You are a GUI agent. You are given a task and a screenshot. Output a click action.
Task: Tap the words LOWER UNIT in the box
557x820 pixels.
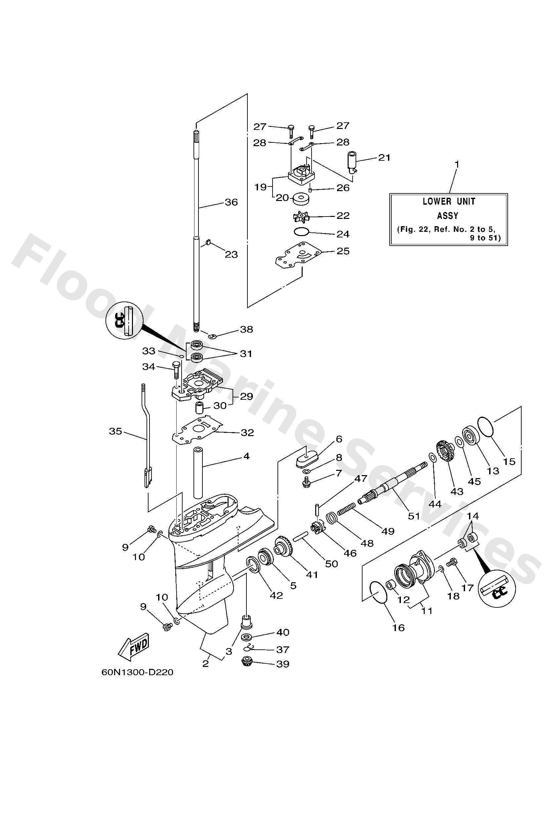(449, 201)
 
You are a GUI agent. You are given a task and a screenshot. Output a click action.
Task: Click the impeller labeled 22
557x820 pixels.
(301, 217)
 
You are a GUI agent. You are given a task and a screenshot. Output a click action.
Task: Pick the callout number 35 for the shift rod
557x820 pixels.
(115, 431)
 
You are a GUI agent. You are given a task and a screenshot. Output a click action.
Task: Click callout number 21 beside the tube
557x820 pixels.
(384, 157)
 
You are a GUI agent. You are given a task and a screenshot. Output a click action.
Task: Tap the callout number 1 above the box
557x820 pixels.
(457, 164)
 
